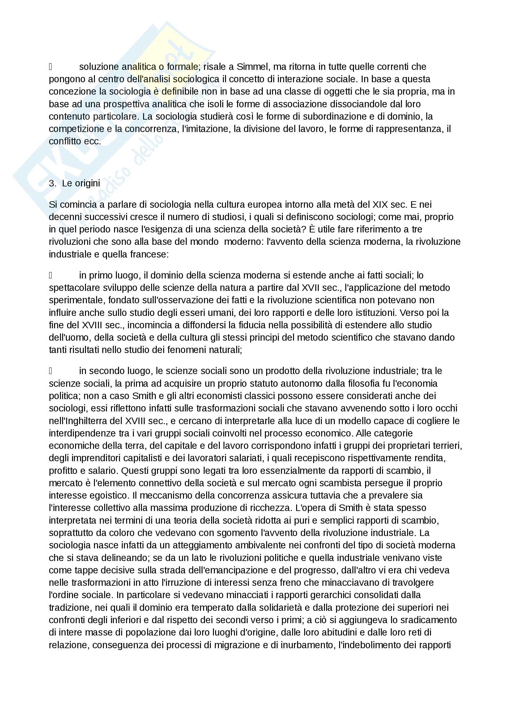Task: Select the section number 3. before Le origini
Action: [x=52, y=183]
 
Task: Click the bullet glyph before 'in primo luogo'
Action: [x=50, y=275]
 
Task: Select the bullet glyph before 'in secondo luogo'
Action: [x=50, y=371]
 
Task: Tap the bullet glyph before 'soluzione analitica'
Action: [x=50, y=67]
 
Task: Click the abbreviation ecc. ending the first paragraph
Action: [x=93, y=141]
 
